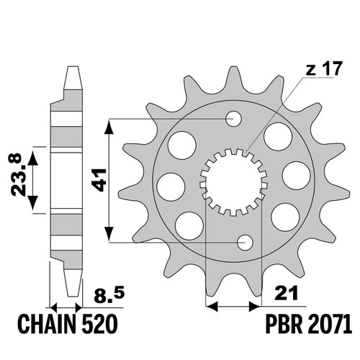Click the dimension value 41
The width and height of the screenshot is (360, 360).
(99, 180)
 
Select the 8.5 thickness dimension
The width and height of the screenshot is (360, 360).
(109, 295)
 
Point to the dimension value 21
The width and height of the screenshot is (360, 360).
(287, 293)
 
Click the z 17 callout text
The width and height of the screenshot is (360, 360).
(323, 69)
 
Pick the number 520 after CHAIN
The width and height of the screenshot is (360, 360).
(99, 325)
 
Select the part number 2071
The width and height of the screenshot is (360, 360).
(329, 325)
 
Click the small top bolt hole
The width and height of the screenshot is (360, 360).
(234, 119)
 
